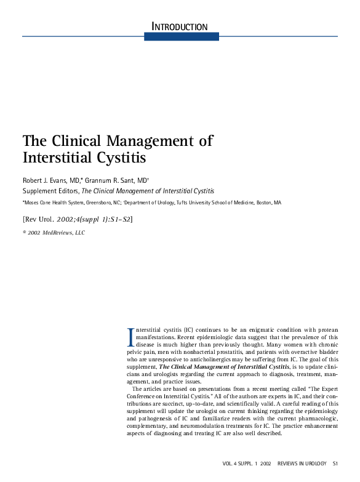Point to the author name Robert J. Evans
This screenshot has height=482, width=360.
point(51,180)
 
